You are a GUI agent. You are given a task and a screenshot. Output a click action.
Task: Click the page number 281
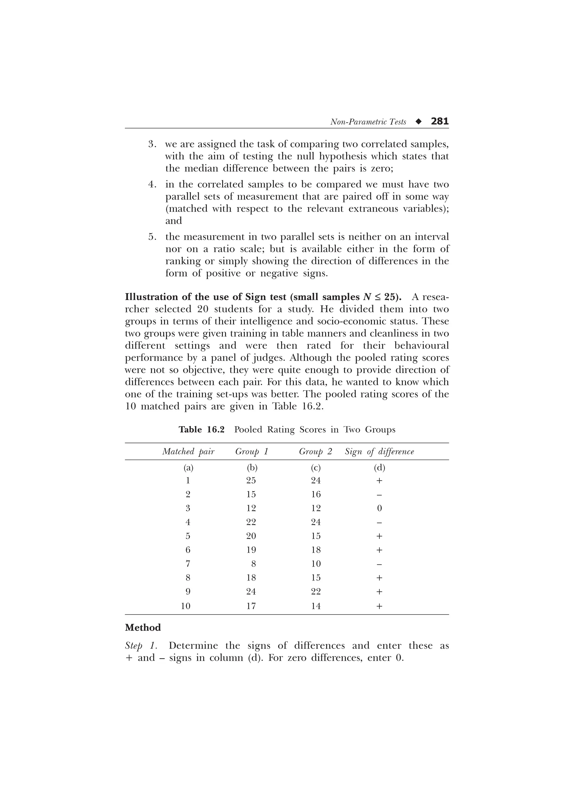pos(439,121)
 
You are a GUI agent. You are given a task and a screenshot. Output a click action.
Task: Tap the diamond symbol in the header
pos(419,122)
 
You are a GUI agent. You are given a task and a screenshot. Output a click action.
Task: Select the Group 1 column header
pos(251,452)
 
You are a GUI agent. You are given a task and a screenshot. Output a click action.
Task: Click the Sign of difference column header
pos(379,452)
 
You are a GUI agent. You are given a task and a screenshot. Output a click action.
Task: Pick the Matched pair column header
pos(188,452)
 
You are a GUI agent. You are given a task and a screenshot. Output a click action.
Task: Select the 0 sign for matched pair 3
pos(379,508)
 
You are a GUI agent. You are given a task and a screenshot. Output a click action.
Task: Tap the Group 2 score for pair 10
pos(316,606)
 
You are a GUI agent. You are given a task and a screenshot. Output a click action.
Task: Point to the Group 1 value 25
pos(251,480)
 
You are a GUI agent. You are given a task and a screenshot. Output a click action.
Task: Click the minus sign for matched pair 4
pos(379,522)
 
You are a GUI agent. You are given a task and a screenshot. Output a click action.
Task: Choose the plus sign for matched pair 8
pos(379,578)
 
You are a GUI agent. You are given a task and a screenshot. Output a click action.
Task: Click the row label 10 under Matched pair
pos(186,606)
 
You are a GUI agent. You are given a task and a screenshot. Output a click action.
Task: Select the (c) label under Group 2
pos(316,468)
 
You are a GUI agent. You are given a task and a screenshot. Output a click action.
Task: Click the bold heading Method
pos(143,627)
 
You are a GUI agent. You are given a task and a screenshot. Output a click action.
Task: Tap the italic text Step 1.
pos(141,646)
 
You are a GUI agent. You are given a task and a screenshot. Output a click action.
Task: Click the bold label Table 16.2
pos(202,430)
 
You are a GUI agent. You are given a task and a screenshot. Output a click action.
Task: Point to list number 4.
pos(152,185)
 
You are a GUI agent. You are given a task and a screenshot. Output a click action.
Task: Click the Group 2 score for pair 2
pos(316,495)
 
